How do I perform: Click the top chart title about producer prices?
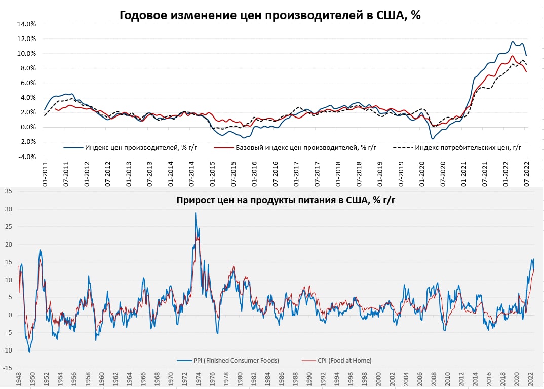tap(270, 15)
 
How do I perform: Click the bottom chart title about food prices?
tap(286, 199)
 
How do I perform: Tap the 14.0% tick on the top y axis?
tap(26, 24)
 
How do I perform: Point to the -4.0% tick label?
tap(26, 157)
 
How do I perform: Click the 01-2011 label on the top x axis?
tap(45, 175)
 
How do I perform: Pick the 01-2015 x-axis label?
tap(212, 175)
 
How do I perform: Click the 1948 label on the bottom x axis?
tap(19, 380)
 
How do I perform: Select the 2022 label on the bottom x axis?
tap(530, 380)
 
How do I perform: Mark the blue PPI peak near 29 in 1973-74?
tap(196, 213)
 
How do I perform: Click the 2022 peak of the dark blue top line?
tap(513, 42)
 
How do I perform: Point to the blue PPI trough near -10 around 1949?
tap(29, 352)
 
